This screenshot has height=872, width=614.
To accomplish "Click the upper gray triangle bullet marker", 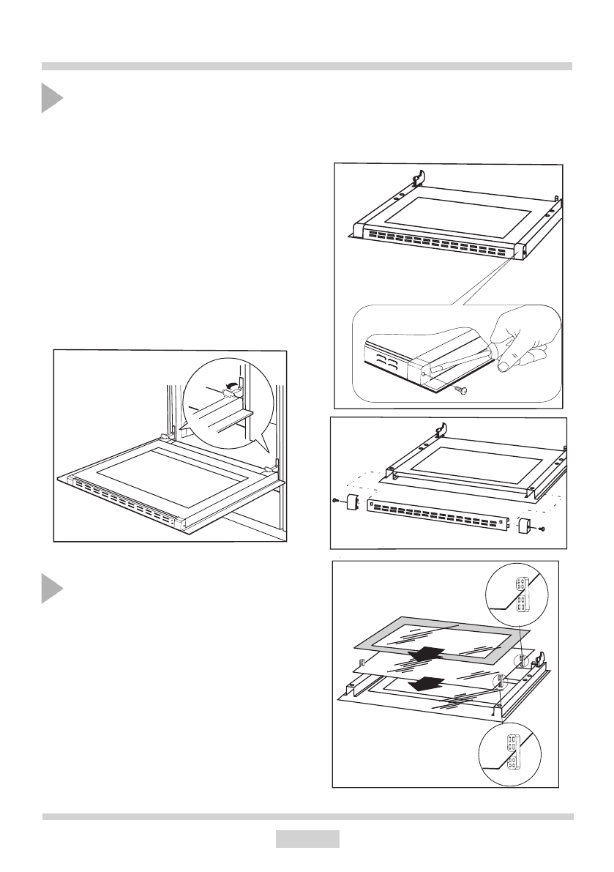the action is click(x=50, y=98).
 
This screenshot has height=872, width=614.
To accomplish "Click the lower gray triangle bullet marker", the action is click(x=50, y=588).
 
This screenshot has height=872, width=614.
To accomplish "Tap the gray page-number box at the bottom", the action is click(x=307, y=838).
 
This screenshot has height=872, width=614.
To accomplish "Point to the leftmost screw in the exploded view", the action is click(x=335, y=502).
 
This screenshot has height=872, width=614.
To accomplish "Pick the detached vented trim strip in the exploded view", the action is click(x=439, y=517).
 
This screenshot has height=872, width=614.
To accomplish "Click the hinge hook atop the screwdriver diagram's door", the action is click(x=417, y=178).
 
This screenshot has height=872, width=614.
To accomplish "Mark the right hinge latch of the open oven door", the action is click(x=273, y=466).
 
